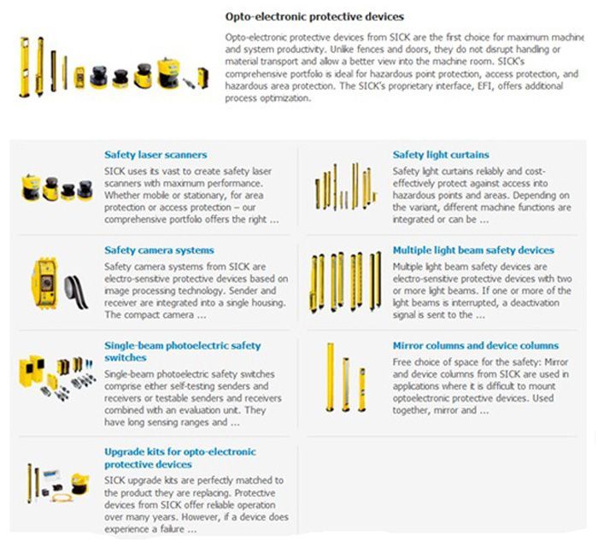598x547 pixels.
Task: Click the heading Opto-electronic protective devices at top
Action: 314,16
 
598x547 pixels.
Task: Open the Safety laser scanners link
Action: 155,155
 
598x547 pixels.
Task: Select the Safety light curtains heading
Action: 441,155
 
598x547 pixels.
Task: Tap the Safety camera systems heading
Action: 159,250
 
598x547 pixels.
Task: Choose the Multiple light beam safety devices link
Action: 473,250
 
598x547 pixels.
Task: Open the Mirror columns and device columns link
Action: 475,346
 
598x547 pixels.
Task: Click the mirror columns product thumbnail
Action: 345,377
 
